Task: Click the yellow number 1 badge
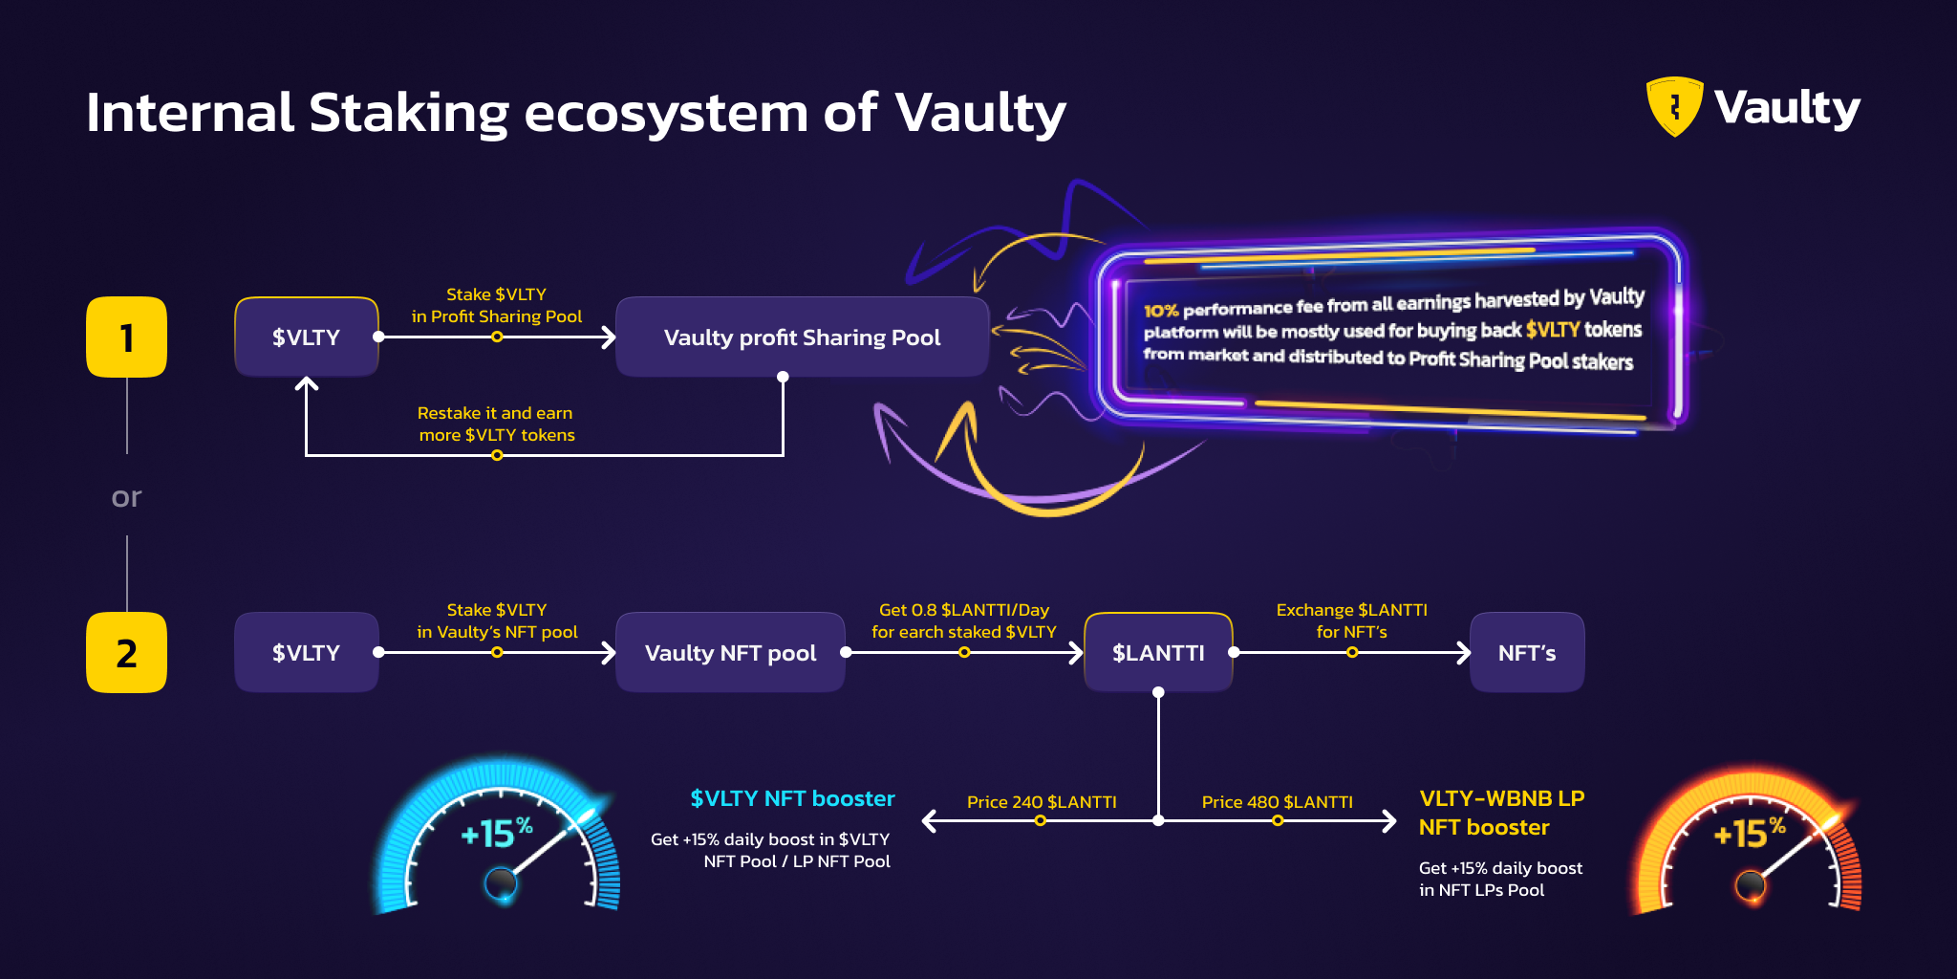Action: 126,337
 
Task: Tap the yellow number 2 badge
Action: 126,653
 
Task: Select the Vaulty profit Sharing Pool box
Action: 802,337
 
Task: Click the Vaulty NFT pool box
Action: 730,653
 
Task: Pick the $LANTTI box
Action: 1158,653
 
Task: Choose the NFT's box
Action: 1527,653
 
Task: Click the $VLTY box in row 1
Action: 306,337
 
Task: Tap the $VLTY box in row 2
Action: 306,653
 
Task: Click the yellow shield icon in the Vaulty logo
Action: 1674,106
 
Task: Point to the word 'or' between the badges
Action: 126,497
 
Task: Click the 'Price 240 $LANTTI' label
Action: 1042,802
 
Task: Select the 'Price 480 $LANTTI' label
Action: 1277,802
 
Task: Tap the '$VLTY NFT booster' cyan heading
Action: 792,798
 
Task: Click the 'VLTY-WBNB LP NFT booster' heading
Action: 1501,813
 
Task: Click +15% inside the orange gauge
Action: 1749,833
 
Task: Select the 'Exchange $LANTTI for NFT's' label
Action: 1351,620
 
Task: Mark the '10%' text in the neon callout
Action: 1161,311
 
